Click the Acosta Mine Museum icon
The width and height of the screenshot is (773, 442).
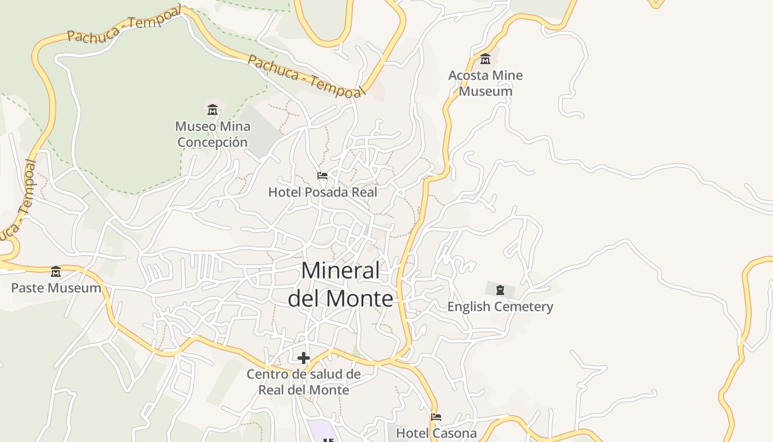[x=485, y=59]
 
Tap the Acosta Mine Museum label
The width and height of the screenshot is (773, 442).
[x=485, y=83]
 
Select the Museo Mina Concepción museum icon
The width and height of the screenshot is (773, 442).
[x=213, y=109]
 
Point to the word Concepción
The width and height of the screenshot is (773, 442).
[x=213, y=142]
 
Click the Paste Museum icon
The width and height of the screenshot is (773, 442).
[x=56, y=271]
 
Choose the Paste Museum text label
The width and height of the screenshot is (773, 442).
[x=56, y=288]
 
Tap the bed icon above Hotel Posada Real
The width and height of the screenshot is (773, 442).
[x=322, y=176]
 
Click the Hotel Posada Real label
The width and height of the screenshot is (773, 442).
[x=322, y=192]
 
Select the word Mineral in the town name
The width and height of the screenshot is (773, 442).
[x=341, y=271]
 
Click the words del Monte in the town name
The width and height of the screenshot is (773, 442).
[x=341, y=298]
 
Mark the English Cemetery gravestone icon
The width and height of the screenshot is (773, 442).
[x=500, y=290]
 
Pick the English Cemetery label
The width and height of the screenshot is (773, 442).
[x=500, y=307]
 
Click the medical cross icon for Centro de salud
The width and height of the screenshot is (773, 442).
[x=303, y=358]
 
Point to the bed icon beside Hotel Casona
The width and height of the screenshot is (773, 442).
[x=436, y=417]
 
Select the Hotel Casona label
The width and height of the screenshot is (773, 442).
[x=436, y=433]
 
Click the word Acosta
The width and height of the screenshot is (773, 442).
[x=468, y=75]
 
